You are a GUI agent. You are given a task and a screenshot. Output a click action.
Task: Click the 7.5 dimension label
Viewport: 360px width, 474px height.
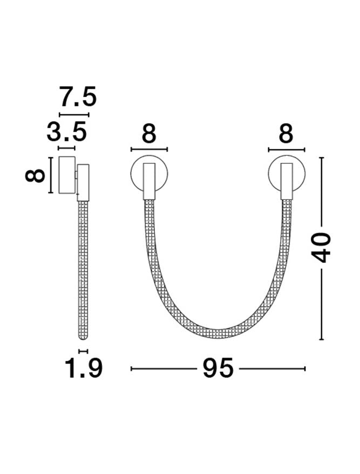point(78,97)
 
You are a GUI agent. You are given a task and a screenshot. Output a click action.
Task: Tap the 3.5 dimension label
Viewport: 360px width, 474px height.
point(66,131)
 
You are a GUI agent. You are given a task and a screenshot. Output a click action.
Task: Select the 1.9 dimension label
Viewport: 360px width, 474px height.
point(84,368)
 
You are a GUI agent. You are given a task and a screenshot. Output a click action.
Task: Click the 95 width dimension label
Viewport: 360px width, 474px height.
point(218,368)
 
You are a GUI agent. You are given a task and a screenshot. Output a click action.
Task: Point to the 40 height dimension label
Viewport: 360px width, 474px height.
point(321,248)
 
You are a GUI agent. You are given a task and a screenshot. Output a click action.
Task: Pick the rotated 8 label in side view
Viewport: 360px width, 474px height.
point(35,176)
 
